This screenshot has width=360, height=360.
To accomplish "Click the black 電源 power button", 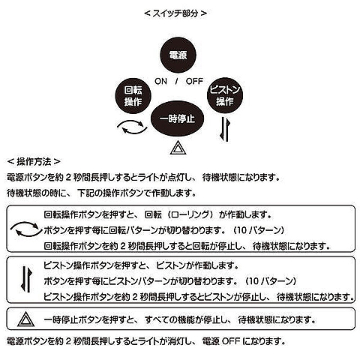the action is pos(178,55).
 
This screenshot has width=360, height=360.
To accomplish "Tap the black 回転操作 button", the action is pos(133,96).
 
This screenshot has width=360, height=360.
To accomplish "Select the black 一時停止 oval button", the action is pos(177,118).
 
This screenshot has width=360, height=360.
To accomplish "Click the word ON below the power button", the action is pos(160,81).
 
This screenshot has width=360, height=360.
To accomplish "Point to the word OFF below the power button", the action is pos(194,81).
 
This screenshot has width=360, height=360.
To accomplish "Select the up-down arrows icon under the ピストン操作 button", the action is pos(225,130).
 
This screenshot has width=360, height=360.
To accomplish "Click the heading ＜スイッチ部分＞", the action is pos(175,13).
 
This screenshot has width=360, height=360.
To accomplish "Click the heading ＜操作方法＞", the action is pos(34,162).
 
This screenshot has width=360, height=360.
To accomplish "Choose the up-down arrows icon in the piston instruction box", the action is pos(26,279).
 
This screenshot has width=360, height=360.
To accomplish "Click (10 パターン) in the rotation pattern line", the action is pos(259,230).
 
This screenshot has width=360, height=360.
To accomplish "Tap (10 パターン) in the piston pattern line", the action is pos(271,281).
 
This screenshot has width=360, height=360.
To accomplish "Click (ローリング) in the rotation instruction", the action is pos(191,214).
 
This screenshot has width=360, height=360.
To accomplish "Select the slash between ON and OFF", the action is pos(176,81).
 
